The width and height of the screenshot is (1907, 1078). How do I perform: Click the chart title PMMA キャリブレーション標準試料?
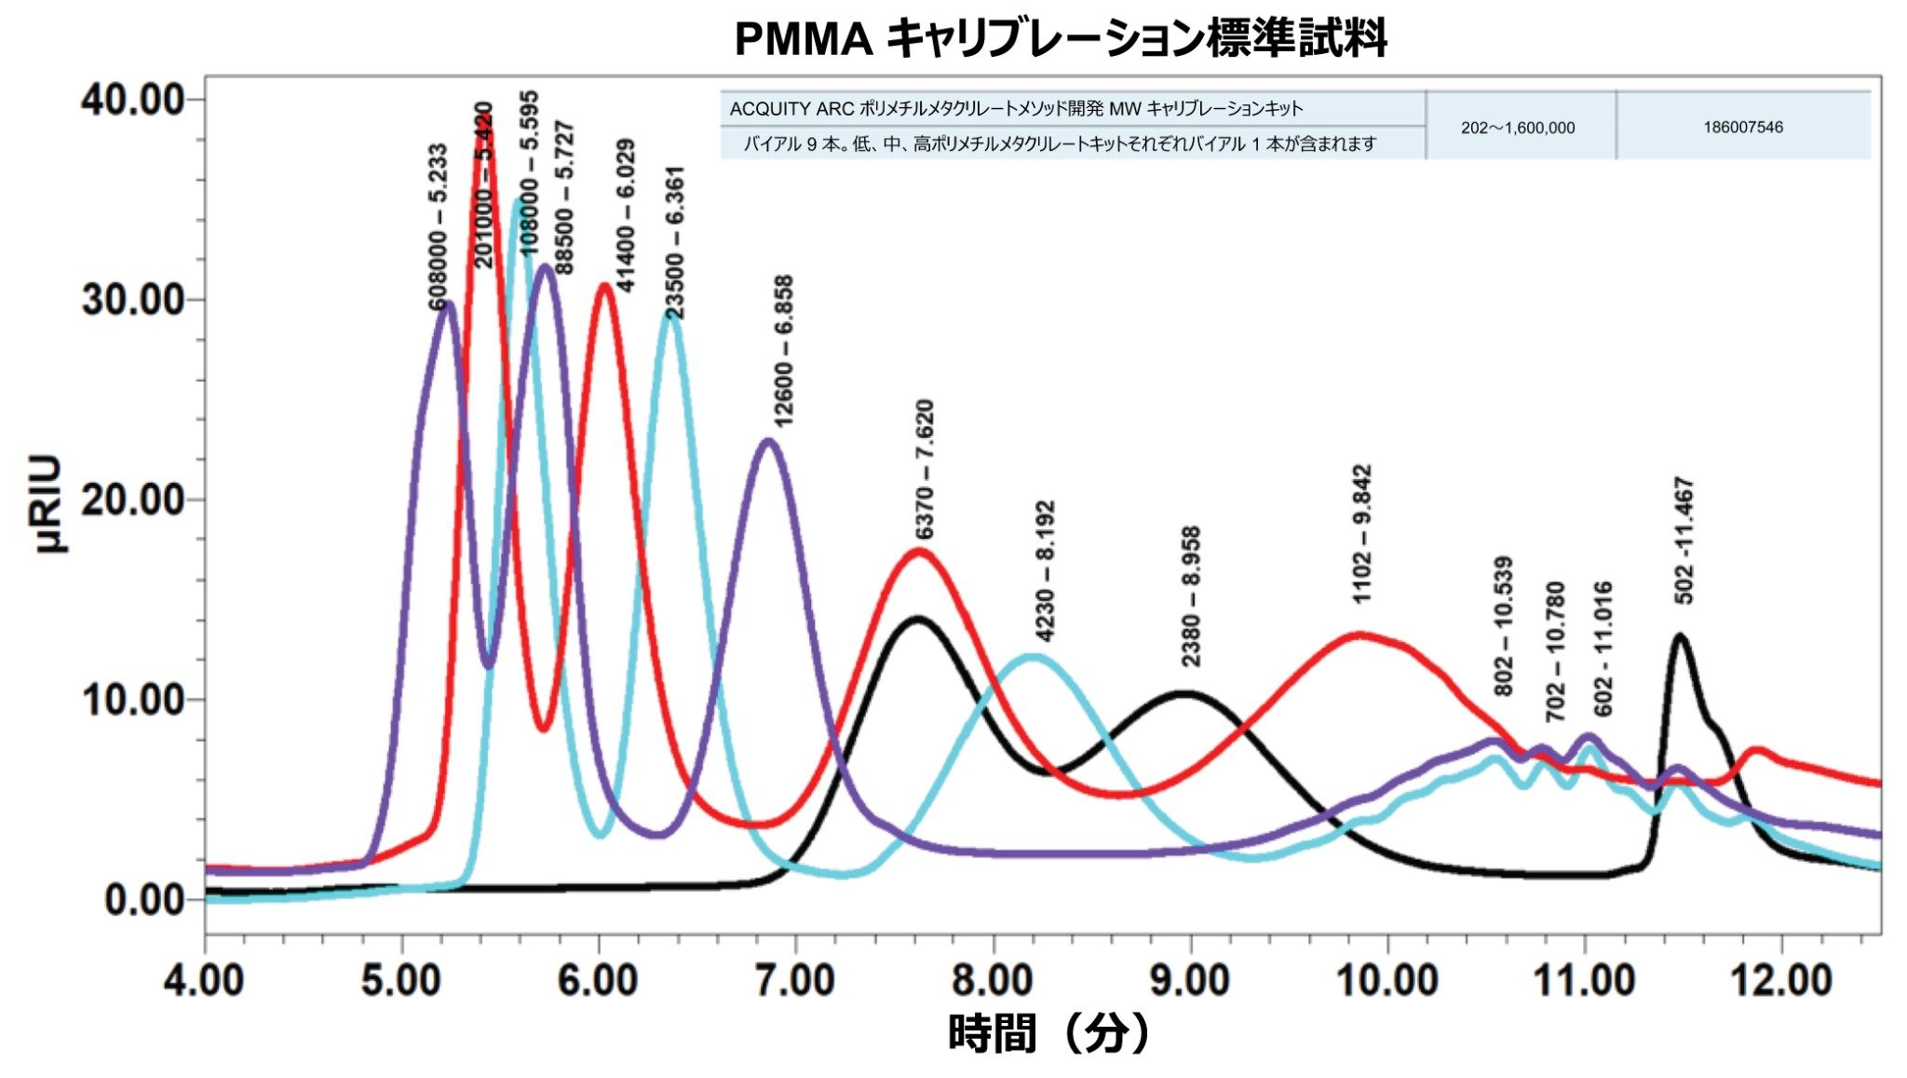tap(1061, 39)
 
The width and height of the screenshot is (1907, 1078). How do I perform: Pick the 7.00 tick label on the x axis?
tap(795, 980)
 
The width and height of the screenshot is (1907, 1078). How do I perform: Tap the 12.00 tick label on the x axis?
tap(1780, 980)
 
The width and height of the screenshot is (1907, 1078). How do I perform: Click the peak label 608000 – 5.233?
tap(437, 226)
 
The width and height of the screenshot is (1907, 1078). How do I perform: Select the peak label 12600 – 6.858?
tap(784, 350)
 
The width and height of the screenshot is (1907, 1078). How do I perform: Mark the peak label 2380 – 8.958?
tap(1190, 596)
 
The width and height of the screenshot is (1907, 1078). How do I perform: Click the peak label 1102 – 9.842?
tap(1361, 534)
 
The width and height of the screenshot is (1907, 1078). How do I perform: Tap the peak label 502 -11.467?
tap(1684, 540)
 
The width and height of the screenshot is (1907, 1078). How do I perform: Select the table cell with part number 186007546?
tap(1743, 128)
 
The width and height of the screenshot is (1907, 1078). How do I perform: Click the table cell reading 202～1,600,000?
tap(1518, 128)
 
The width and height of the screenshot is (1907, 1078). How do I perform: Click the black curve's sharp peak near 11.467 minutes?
tap(1680, 636)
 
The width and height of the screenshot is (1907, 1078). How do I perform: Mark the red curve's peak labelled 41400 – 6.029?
tap(605, 285)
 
